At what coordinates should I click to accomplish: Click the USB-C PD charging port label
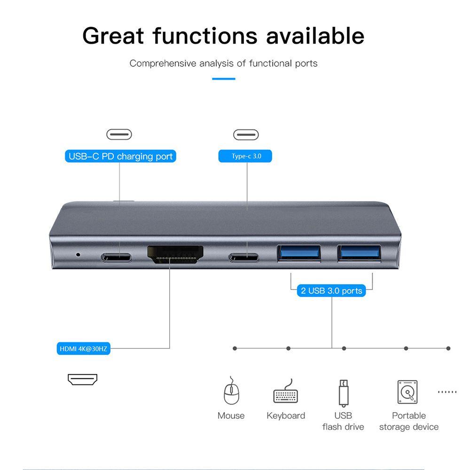coord(120,157)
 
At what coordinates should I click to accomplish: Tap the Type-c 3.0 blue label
coord(246,156)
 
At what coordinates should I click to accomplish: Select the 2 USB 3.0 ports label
coord(331,290)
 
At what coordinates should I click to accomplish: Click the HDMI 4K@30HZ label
coord(84,349)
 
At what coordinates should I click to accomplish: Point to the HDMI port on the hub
coord(175,256)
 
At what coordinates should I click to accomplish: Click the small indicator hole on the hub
coord(78,255)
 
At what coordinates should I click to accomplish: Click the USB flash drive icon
coord(343,393)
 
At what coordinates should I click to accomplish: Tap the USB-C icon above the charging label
coord(119,135)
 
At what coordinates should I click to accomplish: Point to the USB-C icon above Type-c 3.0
coord(246,135)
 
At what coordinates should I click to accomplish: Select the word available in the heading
coord(315,36)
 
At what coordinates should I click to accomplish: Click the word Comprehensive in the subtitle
coord(163,63)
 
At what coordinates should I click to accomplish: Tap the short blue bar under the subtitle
coord(223,78)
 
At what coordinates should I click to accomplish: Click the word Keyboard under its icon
coord(286,415)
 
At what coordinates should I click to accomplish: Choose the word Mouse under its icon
coord(231,415)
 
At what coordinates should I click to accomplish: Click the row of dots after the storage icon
coord(447,392)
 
